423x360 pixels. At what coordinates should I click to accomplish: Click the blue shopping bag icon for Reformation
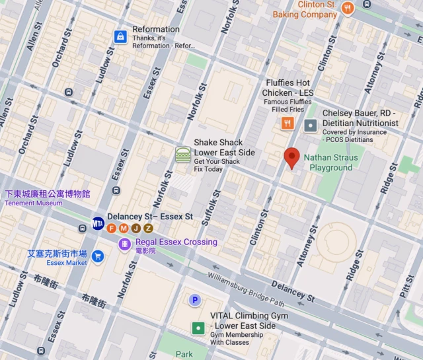120,36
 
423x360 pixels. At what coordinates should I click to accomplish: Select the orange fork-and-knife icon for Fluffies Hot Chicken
287,123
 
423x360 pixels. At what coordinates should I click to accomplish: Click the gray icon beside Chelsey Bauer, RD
310,125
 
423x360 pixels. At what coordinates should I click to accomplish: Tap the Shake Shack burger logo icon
183,155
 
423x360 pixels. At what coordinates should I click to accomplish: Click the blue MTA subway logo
98,223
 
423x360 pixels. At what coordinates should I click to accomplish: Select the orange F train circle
111,229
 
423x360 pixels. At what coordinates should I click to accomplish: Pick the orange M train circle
124,229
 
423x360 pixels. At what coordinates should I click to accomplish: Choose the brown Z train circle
148,229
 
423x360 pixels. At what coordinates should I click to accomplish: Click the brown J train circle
135,229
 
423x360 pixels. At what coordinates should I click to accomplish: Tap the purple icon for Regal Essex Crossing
124,244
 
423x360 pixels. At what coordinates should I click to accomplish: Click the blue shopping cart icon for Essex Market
98,256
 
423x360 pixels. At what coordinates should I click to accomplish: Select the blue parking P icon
194,301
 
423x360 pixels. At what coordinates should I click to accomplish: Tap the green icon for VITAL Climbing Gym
198,328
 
